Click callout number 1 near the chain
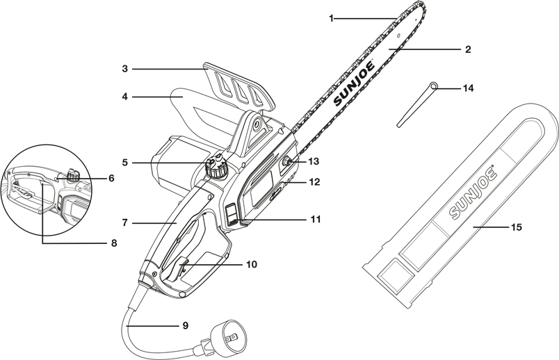pyautogui.click(x=332, y=18)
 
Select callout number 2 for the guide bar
pyautogui.click(x=468, y=50)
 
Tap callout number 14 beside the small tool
pyautogui.click(x=469, y=88)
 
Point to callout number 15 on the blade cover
pyautogui.click(x=516, y=227)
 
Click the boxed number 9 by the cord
pyautogui.click(x=185, y=325)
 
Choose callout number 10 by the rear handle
pyautogui.click(x=251, y=265)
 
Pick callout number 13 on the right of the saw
pyautogui.click(x=314, y=161)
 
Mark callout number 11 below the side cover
pyautogui.click(x=316, y=219)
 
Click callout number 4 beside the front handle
pyautogui.click(x=125, y=97)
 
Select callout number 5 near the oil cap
pyautogui.click(x=125, y=163)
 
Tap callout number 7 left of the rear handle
pyautogui.click(x=125, y=223)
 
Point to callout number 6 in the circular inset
pyautogui.click(x=111, y=178)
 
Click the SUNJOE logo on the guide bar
pyautogui.click(x=355, y=83)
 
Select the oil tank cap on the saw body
pyautogui.click(x=218, y=167)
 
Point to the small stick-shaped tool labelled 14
pyautogui.click(x=416, y=105)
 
